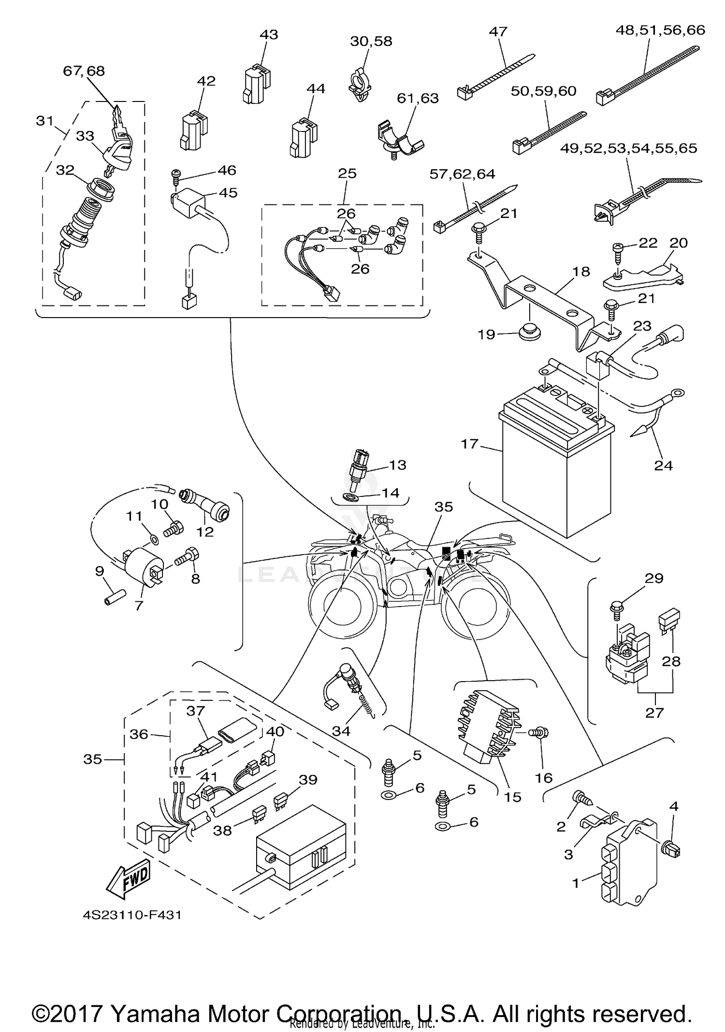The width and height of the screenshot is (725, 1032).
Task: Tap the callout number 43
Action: point(269,35)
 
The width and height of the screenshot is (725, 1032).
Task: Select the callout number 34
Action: point(341,731)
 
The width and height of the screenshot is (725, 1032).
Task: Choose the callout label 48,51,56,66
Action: point(660,30)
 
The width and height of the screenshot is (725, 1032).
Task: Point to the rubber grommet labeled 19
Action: point(529,333)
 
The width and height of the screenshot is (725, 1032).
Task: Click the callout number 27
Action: point(654,712)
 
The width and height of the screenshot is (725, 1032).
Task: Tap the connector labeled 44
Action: point(304,138)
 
